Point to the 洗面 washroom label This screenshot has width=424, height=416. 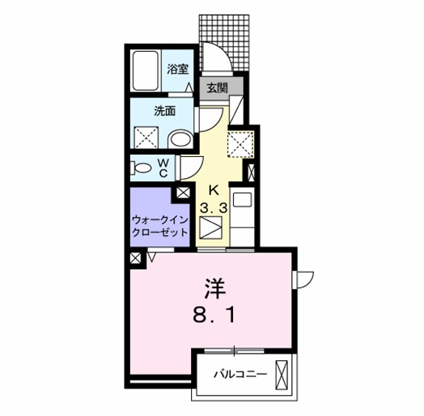point(165,112)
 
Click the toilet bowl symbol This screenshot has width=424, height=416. point(142,168)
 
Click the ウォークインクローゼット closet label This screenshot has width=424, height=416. point(159,225)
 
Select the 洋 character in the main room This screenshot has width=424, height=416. point(214,287)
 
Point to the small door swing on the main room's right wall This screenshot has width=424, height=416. point(303,280)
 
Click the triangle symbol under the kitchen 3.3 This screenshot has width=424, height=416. point(213,231)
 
